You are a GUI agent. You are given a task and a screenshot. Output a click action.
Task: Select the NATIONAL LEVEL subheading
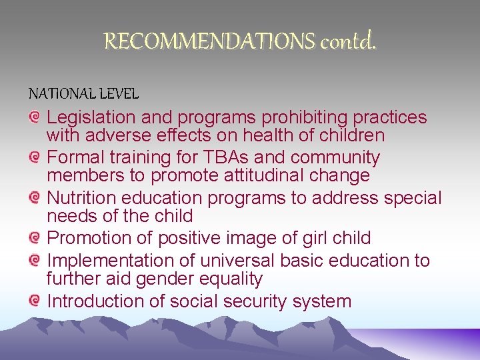tap(83, 95)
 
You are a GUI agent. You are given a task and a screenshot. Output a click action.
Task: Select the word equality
tap(227, 279)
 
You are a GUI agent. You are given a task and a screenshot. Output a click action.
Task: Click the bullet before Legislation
tap(35, 117)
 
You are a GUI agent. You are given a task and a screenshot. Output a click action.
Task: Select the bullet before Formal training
tap(35, 157)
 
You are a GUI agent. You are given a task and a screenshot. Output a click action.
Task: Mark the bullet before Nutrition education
tap(35, 197)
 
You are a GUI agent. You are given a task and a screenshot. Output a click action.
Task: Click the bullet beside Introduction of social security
tap(35, 300)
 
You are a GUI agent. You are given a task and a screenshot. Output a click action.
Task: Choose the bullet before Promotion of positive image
tap(35, 237)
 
